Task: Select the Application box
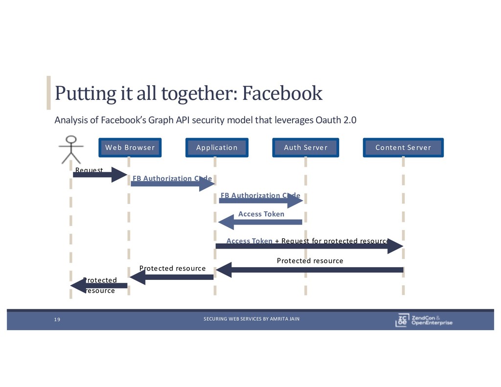tap(217, 147)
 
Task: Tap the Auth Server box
tap(305, 147)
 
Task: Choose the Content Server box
tap(403, 147)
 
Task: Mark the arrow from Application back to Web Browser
tap(172, 277)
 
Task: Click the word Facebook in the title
tap(283, 92)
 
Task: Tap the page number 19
tap(57, 319)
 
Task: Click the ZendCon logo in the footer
tap(424, 319)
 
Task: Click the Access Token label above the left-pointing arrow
tap(261, 214)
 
